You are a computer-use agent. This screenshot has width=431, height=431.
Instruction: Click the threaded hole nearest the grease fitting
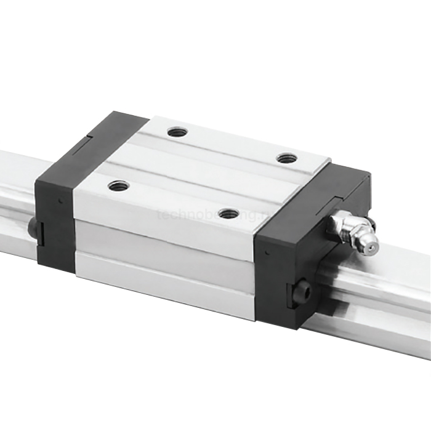click(286, 158)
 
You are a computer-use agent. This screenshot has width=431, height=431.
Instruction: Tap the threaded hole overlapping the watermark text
click(229, 214)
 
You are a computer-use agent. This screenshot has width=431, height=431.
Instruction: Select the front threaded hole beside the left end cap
click(118, 185)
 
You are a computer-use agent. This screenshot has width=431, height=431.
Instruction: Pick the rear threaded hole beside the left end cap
click(177, 131)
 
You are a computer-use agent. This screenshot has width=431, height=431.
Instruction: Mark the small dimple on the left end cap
click(60, 200)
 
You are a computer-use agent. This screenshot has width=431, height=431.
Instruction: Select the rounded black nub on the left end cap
click(32, 227)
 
